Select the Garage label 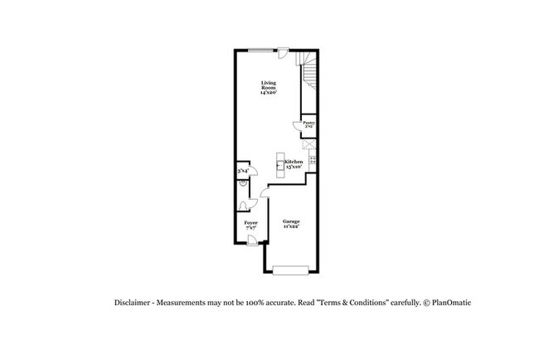tap(291, 224)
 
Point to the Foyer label tap(250, 225)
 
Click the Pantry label tap(308, 124)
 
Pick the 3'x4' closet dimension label tap(243, 171)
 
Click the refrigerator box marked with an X tap(310, 157)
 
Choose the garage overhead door tap(290, 270)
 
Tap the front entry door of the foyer tap(251, 241)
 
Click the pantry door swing tap(298, 126)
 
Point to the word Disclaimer tap(133, 303)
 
